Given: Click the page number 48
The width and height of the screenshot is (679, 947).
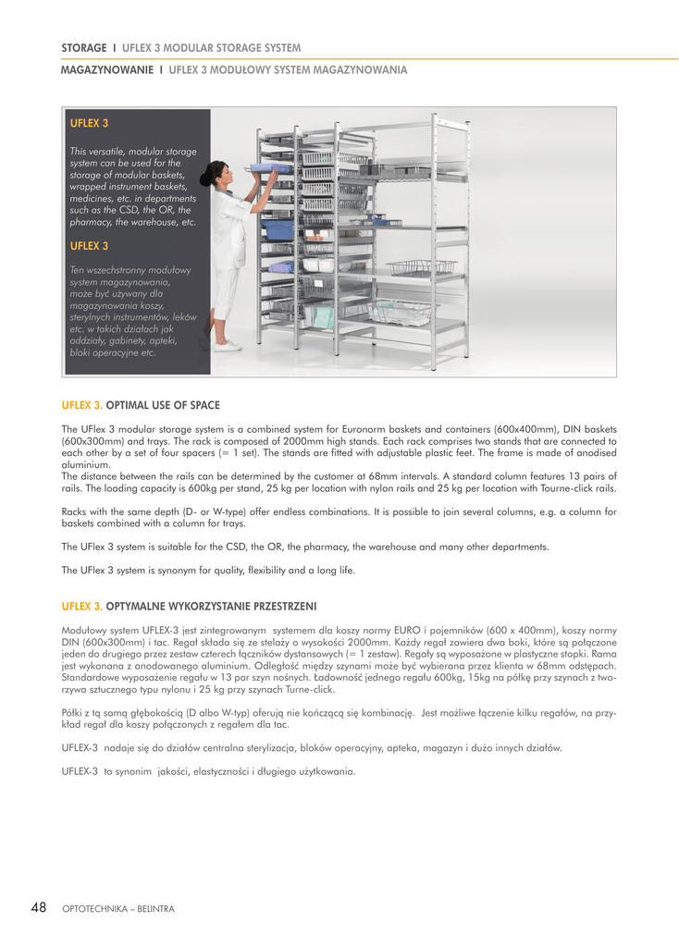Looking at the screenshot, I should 38,907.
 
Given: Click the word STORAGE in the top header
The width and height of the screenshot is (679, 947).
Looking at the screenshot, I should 83,47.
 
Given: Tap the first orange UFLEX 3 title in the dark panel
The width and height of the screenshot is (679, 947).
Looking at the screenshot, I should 89,122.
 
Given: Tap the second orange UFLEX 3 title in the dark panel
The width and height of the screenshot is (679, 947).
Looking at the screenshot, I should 89,246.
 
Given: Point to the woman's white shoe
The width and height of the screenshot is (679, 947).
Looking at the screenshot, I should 229,346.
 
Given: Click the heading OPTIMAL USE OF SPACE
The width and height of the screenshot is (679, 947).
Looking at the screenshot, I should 163,405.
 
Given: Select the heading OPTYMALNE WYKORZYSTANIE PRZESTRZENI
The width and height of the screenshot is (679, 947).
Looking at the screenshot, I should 211,606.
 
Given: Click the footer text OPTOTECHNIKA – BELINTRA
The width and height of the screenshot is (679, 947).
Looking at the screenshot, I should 117,909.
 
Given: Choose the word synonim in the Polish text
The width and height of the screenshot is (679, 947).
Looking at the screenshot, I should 132,771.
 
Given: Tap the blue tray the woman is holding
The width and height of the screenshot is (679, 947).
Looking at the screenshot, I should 269,168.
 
